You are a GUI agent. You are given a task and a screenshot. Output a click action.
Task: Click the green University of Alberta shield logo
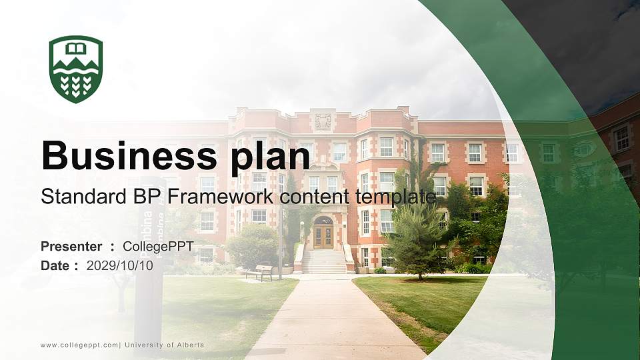coord(76,69)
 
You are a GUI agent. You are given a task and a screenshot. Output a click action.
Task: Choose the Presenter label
coord(71,247)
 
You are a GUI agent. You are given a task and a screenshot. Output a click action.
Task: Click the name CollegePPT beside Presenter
coord(158,247)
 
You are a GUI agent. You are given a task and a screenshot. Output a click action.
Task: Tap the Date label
coord(56,265)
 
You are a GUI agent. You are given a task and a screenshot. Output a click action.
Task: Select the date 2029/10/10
coord(120,265)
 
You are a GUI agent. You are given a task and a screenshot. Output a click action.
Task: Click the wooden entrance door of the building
coord(323,236)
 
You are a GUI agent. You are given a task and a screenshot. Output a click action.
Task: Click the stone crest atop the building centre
coord(323,121)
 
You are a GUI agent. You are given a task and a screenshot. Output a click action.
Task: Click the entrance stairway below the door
coord(324,261)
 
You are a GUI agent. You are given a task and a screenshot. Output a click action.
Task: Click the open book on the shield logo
coord(76,49)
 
